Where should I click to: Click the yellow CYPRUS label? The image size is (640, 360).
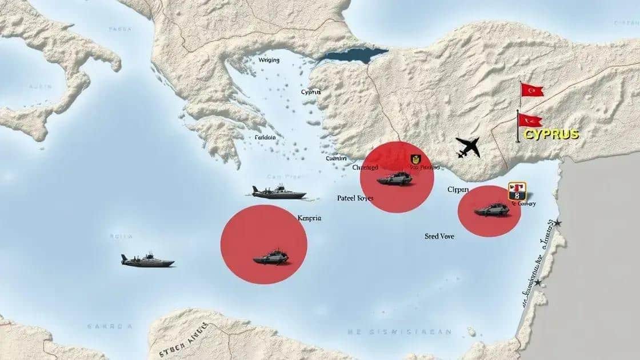pyautogui.click(x=551, y=135)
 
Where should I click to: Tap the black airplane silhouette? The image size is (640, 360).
pyautogui.click(x=468, y=147)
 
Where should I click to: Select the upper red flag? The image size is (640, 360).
pyautogui.click(x=532, y=90)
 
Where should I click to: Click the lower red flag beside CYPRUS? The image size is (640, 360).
pyautogui.click(x=530, y=121)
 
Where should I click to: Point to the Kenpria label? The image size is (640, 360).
pyautogui.click(x=309, y=218)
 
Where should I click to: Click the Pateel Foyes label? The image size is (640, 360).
pyautogui.click(x=355, y=198)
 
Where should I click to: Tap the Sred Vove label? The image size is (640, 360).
pyautogui.click(x=439, y=235)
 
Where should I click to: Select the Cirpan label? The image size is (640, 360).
pyautogui.click(x=458, y=189)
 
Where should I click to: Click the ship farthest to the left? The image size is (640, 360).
pyautogui.click(x=147, y=261)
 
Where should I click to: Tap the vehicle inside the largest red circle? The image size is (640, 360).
pyautogui.click(x=271, y=257)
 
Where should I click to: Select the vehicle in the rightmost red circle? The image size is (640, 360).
pyautogui.click(x=492, y=210)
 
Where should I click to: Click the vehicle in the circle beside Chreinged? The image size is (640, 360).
pyautogui.click(x=394, y=178)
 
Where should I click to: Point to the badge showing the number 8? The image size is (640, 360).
pyautogui.click(x=517, y=190)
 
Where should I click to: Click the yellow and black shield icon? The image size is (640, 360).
pyautogui.click(x=415, y=159)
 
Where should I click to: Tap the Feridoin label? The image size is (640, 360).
pyautogui.click(x=265, y=137)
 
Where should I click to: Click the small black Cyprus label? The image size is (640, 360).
pyautogui.click(x=311, y=92)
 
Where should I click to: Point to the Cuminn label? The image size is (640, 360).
pyautogui.click(x=336, y=158)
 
